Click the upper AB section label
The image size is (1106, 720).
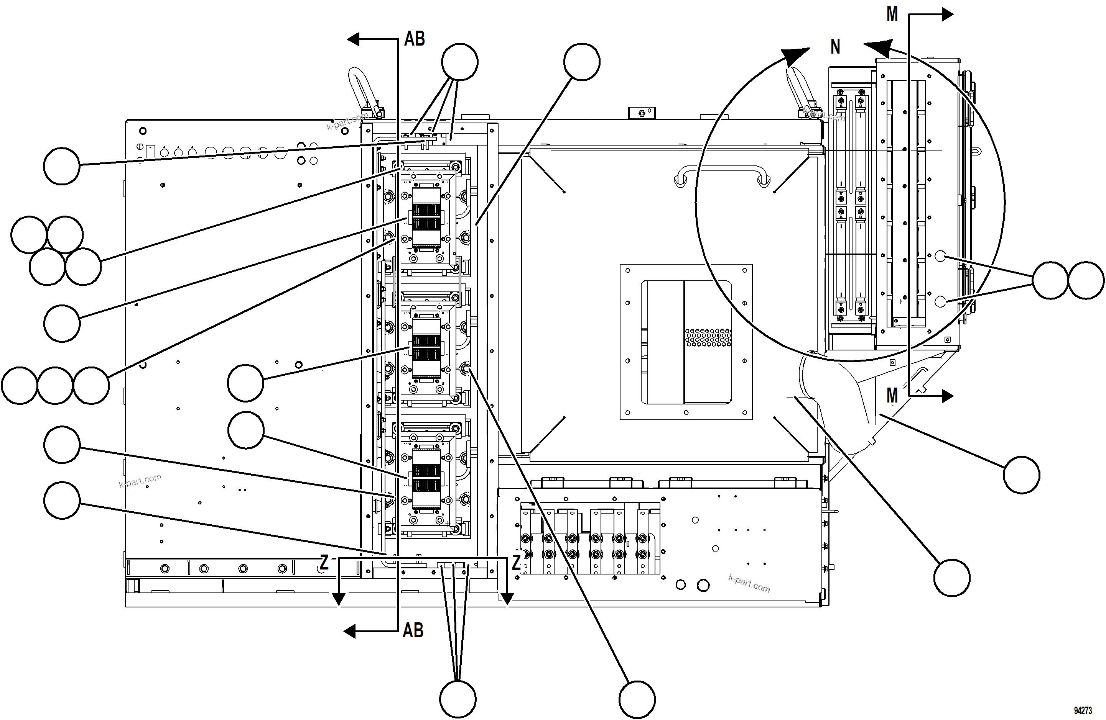(415, 39)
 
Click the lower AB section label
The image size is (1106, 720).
(413, 630)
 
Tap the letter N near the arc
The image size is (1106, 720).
(835, 47)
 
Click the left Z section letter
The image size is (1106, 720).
(324, 562)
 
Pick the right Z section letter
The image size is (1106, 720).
(516, 562)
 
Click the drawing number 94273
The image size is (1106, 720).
(1083, 711)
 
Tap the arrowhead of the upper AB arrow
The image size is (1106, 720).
(354, 39)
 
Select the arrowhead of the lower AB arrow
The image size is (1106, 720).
(349, 631)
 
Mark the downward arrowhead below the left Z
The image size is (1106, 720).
(339, 599)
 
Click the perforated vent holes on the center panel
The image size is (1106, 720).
(708, 337)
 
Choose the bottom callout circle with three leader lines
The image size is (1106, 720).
(458, 699)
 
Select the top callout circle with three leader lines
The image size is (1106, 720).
(459, 62)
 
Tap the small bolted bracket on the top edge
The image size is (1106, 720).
(642, 113)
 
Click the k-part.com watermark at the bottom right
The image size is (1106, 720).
(749, 584)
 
